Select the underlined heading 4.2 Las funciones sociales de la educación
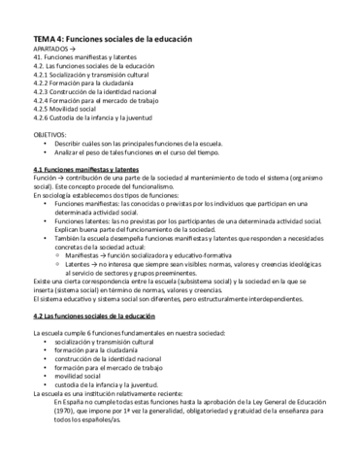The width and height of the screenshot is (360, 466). [97, 316]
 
